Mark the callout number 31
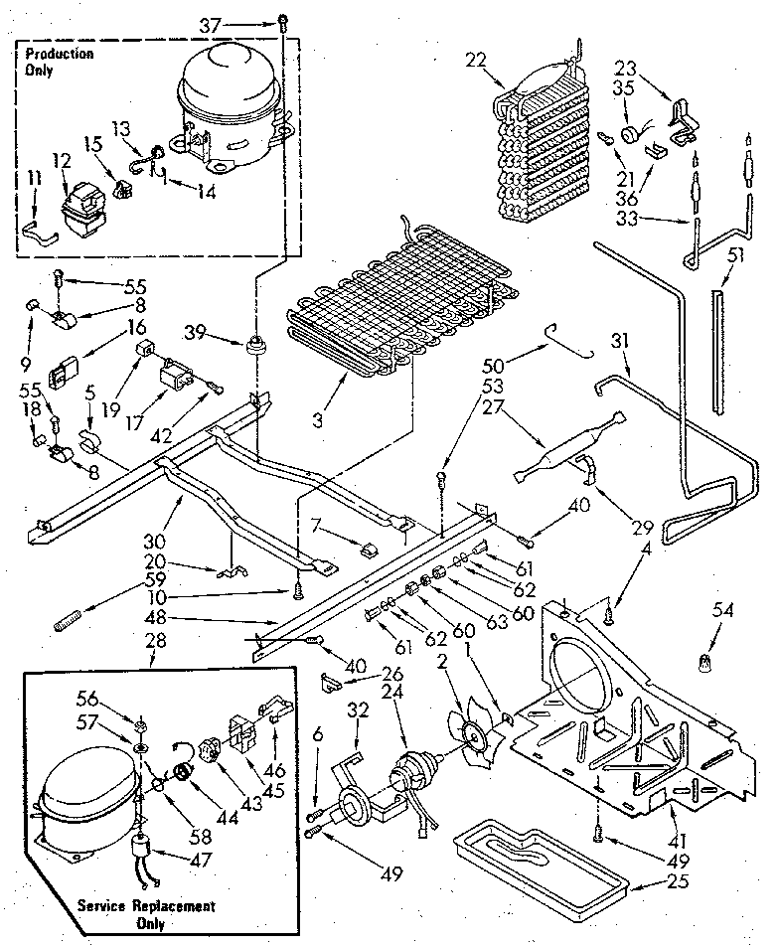coord(620,341)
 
